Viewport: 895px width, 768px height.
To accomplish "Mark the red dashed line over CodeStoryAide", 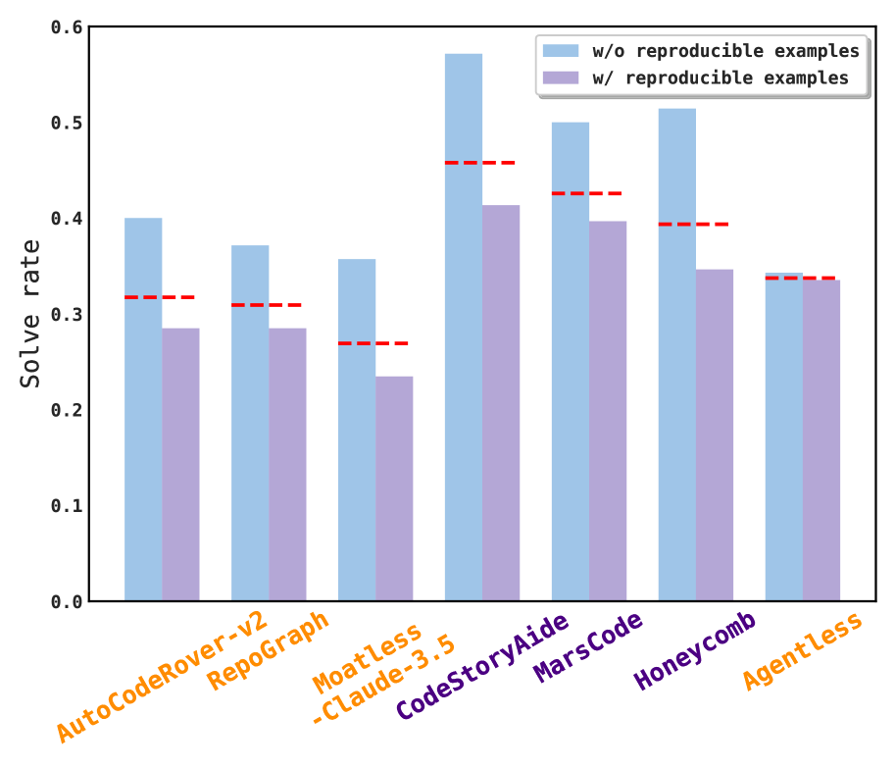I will point(479,163).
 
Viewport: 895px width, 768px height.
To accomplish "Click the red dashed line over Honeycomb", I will point(693,225).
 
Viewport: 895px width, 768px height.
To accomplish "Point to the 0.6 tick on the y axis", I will point(67,27).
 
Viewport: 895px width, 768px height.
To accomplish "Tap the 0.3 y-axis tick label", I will point(67,315).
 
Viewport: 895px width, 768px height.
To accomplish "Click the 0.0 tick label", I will point(67,601).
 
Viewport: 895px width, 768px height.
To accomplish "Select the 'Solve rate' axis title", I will point(31,314).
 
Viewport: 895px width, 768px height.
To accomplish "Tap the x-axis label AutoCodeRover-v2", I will point(162,676).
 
